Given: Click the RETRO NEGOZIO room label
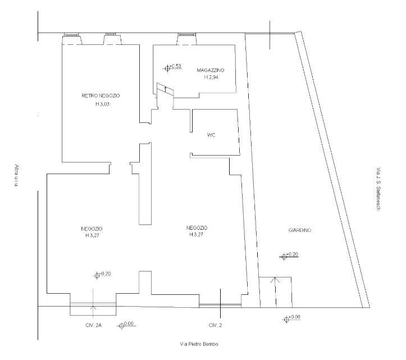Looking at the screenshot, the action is (x=101, y=96).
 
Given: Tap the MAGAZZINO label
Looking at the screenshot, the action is (x=210, y=70).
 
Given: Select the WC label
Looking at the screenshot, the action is (x=211, y=135).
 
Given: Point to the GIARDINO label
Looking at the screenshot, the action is (x=299, y=230).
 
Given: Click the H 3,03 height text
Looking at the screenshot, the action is (x=102, y=104).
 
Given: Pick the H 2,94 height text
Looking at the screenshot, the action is (x=211, y=77).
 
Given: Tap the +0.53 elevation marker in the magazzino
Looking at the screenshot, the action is (x=172, y=67).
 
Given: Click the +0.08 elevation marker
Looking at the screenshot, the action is (x=291, y=318).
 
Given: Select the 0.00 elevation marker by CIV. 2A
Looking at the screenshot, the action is (x=127, y=325).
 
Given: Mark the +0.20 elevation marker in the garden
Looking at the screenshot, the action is (x=289, y=256).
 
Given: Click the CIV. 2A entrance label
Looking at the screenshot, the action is (x=93, y=325).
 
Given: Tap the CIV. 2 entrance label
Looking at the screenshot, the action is (x=215, y=325).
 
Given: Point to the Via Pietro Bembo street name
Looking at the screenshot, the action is (x=199, y=344).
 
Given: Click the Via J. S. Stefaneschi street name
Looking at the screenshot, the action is (x=378, y=190).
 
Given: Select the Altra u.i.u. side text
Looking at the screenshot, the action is (x=17, y=176).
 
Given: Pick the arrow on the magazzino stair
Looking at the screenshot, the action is (x=166, y=90).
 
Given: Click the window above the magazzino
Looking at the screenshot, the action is (x=186, y=35).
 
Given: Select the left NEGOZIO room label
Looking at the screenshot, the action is (x=92, y=229).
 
